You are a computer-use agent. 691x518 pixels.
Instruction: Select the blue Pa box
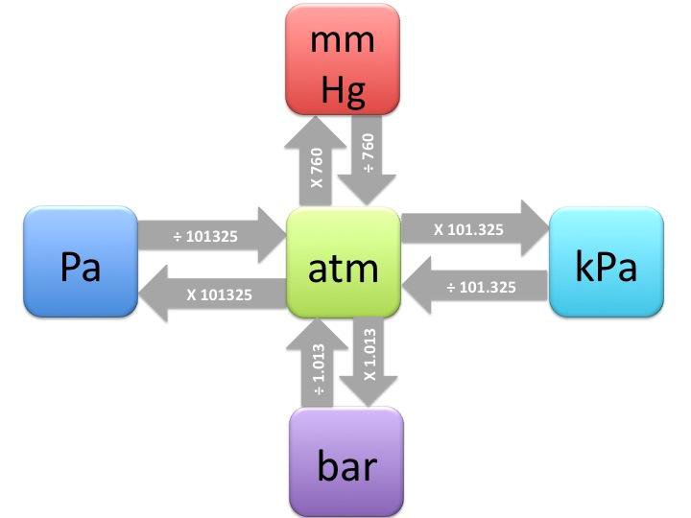[81, 262]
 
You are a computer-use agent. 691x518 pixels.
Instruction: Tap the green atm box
[343, 263]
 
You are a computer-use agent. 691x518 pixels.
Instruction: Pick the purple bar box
[346, 463]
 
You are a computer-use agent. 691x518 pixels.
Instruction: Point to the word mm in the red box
[344, 40]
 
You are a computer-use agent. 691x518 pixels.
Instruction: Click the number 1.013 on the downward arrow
[369, 355]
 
